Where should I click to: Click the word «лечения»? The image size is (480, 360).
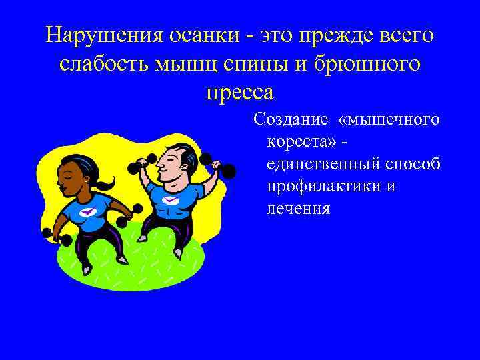(x=298, y=209)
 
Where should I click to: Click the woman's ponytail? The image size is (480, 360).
(x=103, y=182)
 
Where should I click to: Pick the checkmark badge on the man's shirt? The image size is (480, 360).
(x=171, y=199)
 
